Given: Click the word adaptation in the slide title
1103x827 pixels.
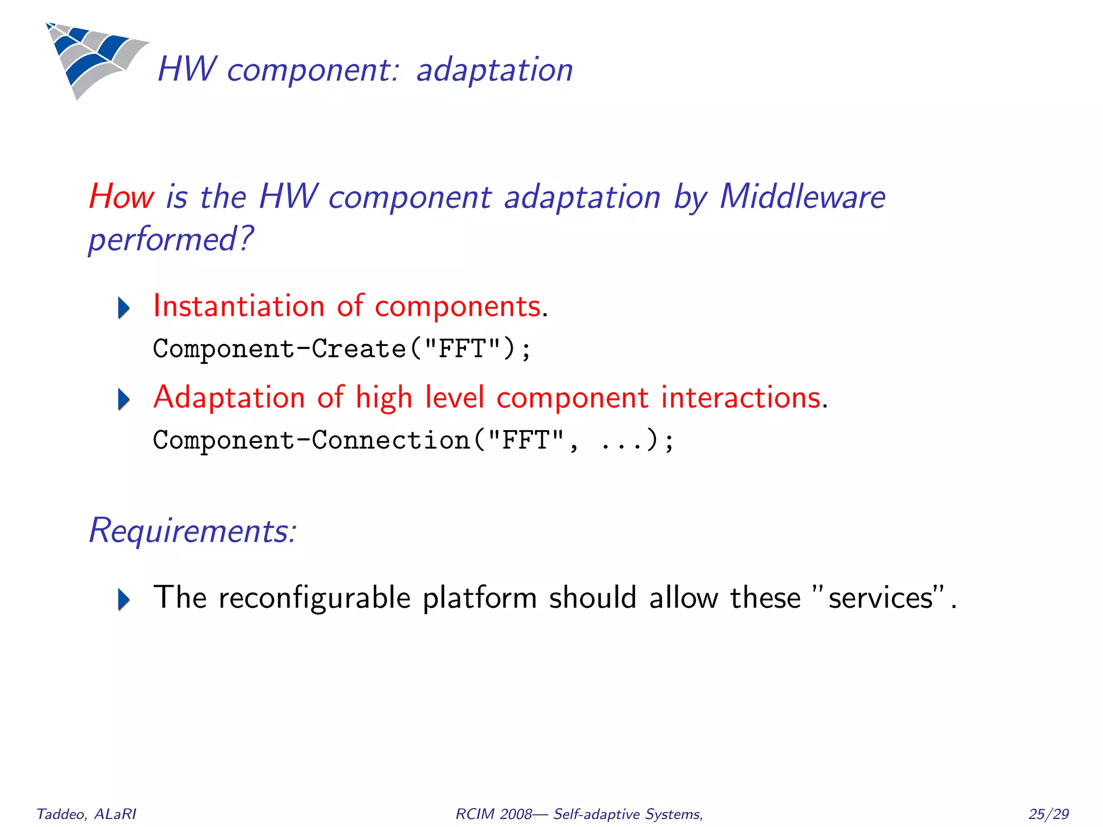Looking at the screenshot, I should click(494, 71).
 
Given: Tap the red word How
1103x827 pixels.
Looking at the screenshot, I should click(121, 197).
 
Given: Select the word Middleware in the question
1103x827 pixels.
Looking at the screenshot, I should click(802, 197).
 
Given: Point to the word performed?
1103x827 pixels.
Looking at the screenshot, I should click(170, 240).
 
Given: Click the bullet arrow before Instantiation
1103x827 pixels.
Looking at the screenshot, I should click(124, 308).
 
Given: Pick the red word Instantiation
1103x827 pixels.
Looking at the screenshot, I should click(239, 306).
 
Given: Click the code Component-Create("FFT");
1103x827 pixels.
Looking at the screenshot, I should click(342, 349).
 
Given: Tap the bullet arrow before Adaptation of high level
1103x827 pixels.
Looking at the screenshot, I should click(124, 400).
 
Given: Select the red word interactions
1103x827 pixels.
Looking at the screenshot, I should click(741, 398).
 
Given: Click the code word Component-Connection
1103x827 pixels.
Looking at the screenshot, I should click(311, 440).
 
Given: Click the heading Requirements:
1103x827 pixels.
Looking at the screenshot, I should click(192, 531).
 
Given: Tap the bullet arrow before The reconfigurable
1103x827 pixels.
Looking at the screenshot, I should click(124, 600).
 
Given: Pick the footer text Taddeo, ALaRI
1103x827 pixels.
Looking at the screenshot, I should click(86, 814).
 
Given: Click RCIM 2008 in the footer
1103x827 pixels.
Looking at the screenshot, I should click(493, 814).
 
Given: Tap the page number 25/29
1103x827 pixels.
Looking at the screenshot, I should click(1048, 814).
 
